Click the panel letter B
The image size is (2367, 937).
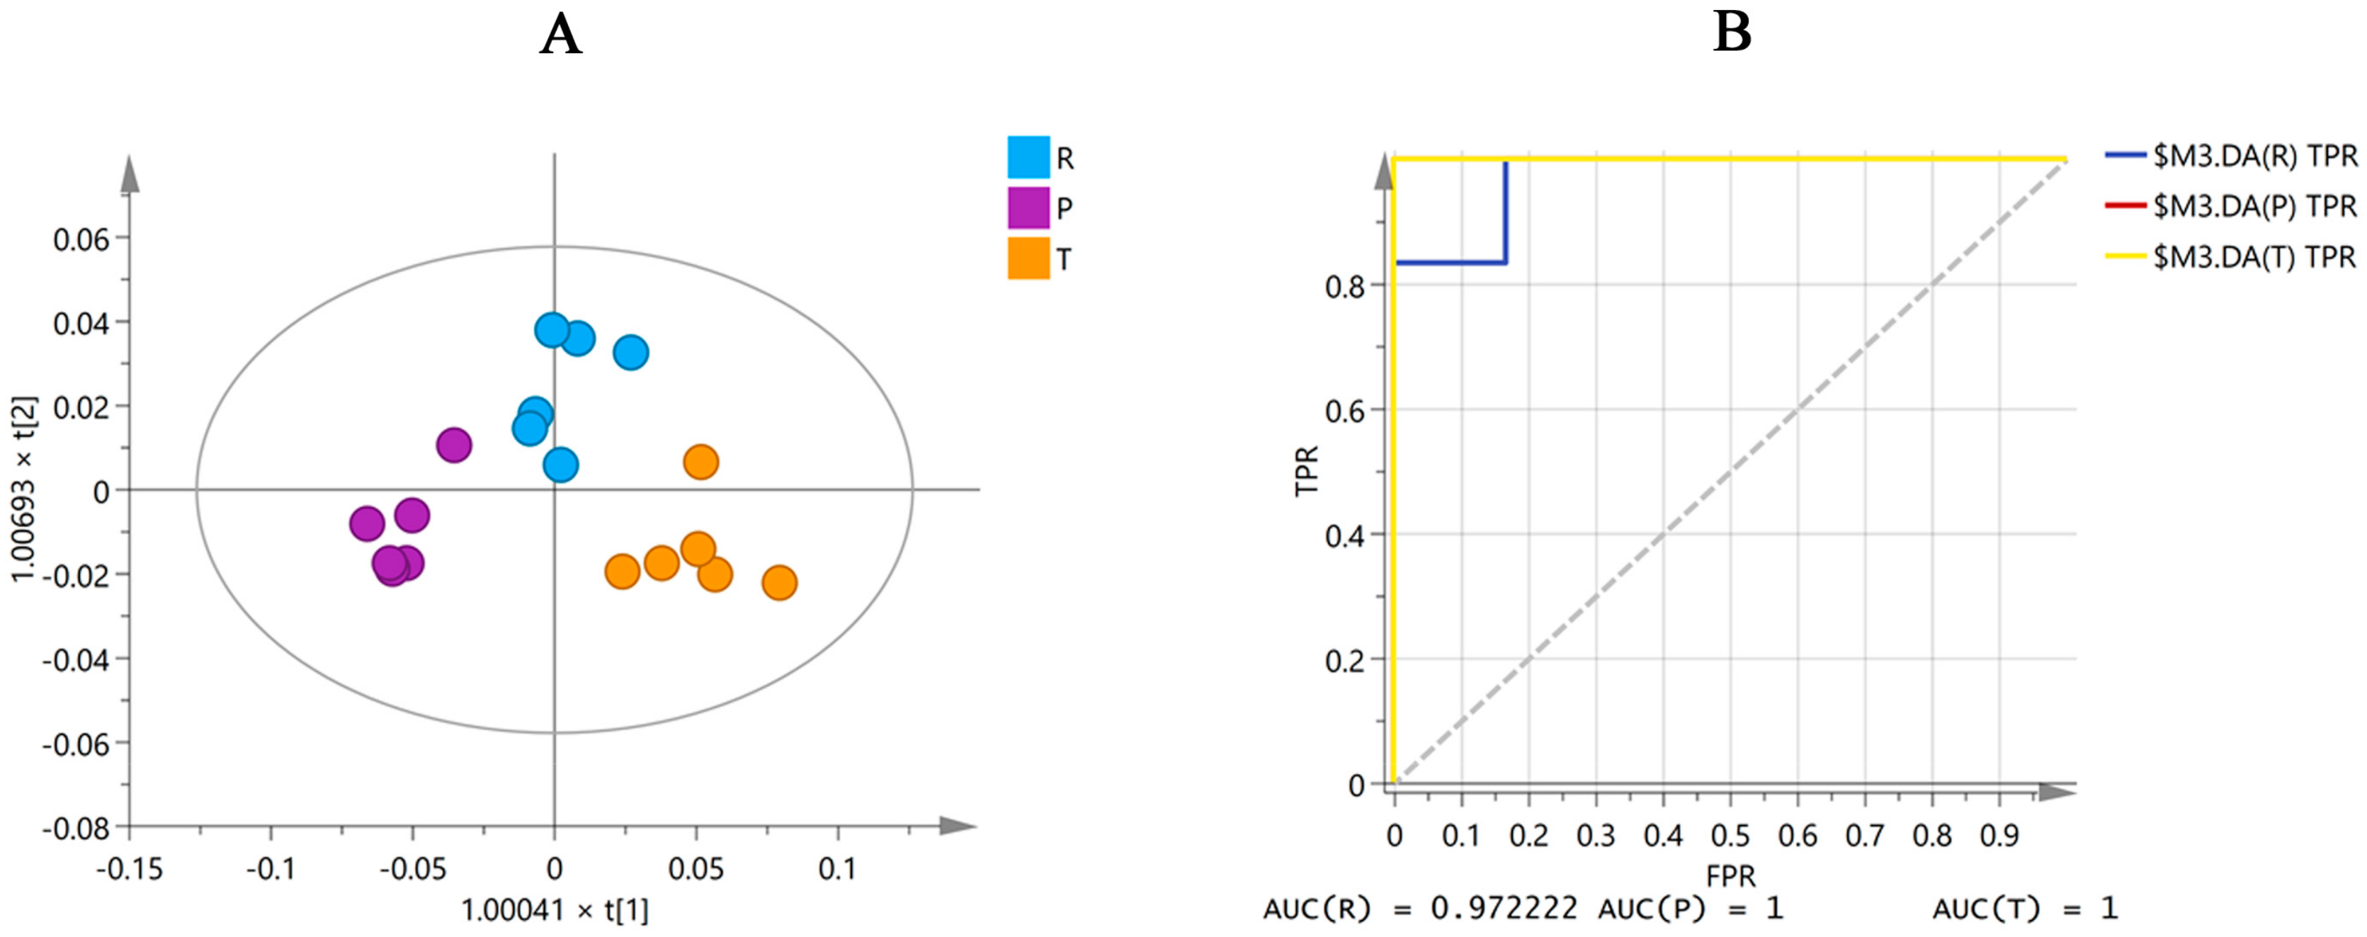click(1732, 33)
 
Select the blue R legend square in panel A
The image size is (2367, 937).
click(1028, 157)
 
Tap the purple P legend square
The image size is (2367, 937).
click(1028, 208)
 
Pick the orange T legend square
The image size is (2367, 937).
click(1028, 258)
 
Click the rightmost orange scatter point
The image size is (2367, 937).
click(779, 582)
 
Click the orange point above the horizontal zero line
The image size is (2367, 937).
click(700, 462)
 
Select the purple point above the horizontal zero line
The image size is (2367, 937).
click(454, 445)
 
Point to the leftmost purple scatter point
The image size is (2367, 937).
click(367, 523)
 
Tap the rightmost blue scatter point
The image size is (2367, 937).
click(630, 352)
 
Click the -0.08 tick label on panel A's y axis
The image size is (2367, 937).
click(75, 828)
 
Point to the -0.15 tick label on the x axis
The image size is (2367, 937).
click(130, 869)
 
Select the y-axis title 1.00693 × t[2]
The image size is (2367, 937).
click(24, 489)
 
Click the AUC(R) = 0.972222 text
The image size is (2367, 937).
click(1419, 909)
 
